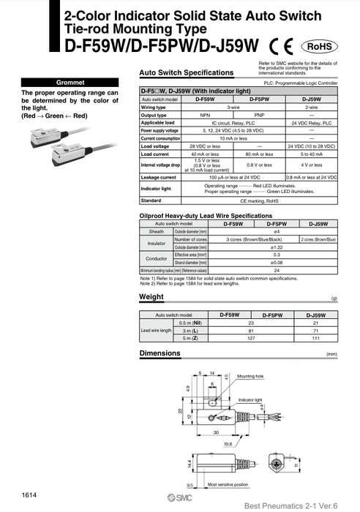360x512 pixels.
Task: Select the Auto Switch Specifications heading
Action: [186, 72]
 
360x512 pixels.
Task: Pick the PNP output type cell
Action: [259, 115]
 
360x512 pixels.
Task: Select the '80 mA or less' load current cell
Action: [259, 154]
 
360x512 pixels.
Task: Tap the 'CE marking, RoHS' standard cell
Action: [258, 200]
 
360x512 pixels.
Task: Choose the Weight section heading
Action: [151, 297]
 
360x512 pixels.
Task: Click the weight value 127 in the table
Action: [251, 339]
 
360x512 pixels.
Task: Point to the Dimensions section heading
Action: [160, 354]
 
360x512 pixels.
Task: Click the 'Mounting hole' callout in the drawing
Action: [250, 376]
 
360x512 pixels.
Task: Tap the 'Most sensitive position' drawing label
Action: [228, 484]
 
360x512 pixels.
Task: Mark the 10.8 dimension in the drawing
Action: [227, 443]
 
